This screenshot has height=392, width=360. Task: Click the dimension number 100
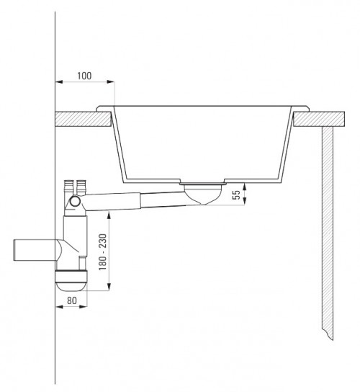(84, 74)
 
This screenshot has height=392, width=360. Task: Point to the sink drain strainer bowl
(204, 193)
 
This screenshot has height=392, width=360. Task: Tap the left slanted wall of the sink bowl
(122, 144)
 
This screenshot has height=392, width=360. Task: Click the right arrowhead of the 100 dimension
(111, 83)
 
